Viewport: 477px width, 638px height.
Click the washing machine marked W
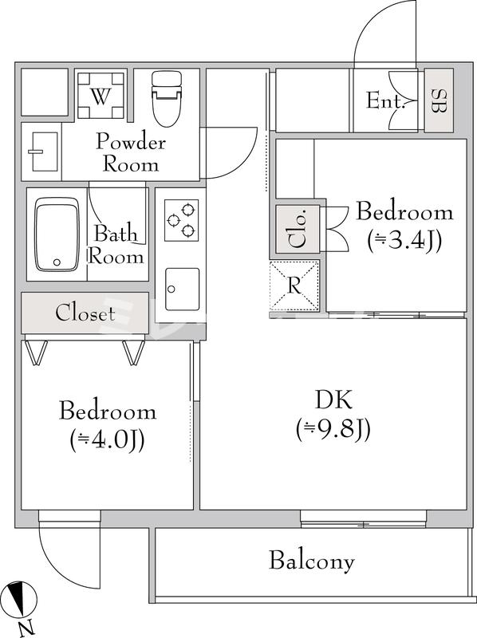coord(100,96)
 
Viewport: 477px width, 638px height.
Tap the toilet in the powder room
coord(167,97)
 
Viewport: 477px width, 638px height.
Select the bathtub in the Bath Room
coord(57,233)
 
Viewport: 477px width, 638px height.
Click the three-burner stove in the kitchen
coord(180,220)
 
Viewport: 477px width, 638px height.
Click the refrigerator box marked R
coord(295,286)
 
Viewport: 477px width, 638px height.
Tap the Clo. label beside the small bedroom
coord(295,228)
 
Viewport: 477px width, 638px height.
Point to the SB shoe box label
coord(438,100)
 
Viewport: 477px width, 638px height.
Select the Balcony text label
coord(311,561)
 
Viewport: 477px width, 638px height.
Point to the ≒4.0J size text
coord(107,439)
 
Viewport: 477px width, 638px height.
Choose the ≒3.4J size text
coord(404,238)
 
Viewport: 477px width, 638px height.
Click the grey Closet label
coord(85,313)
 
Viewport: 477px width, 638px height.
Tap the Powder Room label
coord(131,153)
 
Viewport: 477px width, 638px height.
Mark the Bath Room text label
coord(116,246)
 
